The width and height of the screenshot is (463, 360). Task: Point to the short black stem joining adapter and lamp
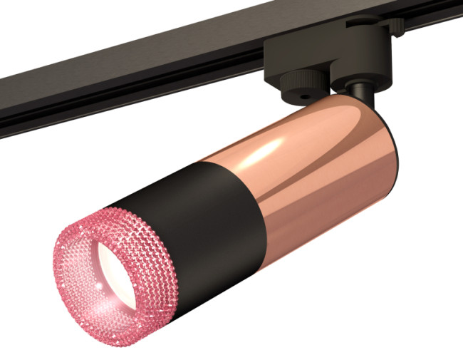pyautogui.click(x=360, y=96)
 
